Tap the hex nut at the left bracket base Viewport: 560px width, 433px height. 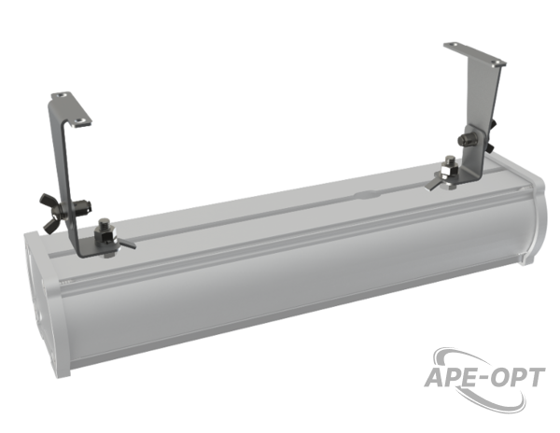[104, 236]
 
